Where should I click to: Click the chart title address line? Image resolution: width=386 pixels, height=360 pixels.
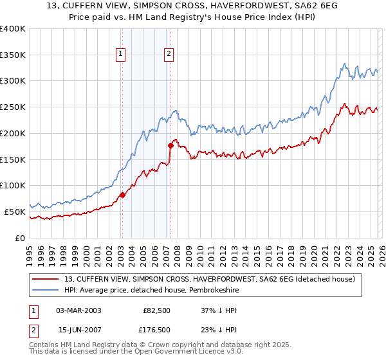coord(192,7)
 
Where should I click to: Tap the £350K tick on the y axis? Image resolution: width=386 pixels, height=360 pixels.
coord(13,55)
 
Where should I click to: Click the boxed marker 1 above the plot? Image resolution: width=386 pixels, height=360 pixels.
coord(121,55)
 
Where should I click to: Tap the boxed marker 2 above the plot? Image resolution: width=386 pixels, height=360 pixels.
coord(169,55)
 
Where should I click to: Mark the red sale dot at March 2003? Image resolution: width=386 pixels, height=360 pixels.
coord(122,195)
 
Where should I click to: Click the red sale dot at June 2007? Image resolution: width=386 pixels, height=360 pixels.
coord(171,145)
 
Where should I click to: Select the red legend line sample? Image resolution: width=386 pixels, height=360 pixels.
coord(46,279)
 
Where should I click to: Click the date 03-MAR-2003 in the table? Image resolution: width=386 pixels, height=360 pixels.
coord(78,310)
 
